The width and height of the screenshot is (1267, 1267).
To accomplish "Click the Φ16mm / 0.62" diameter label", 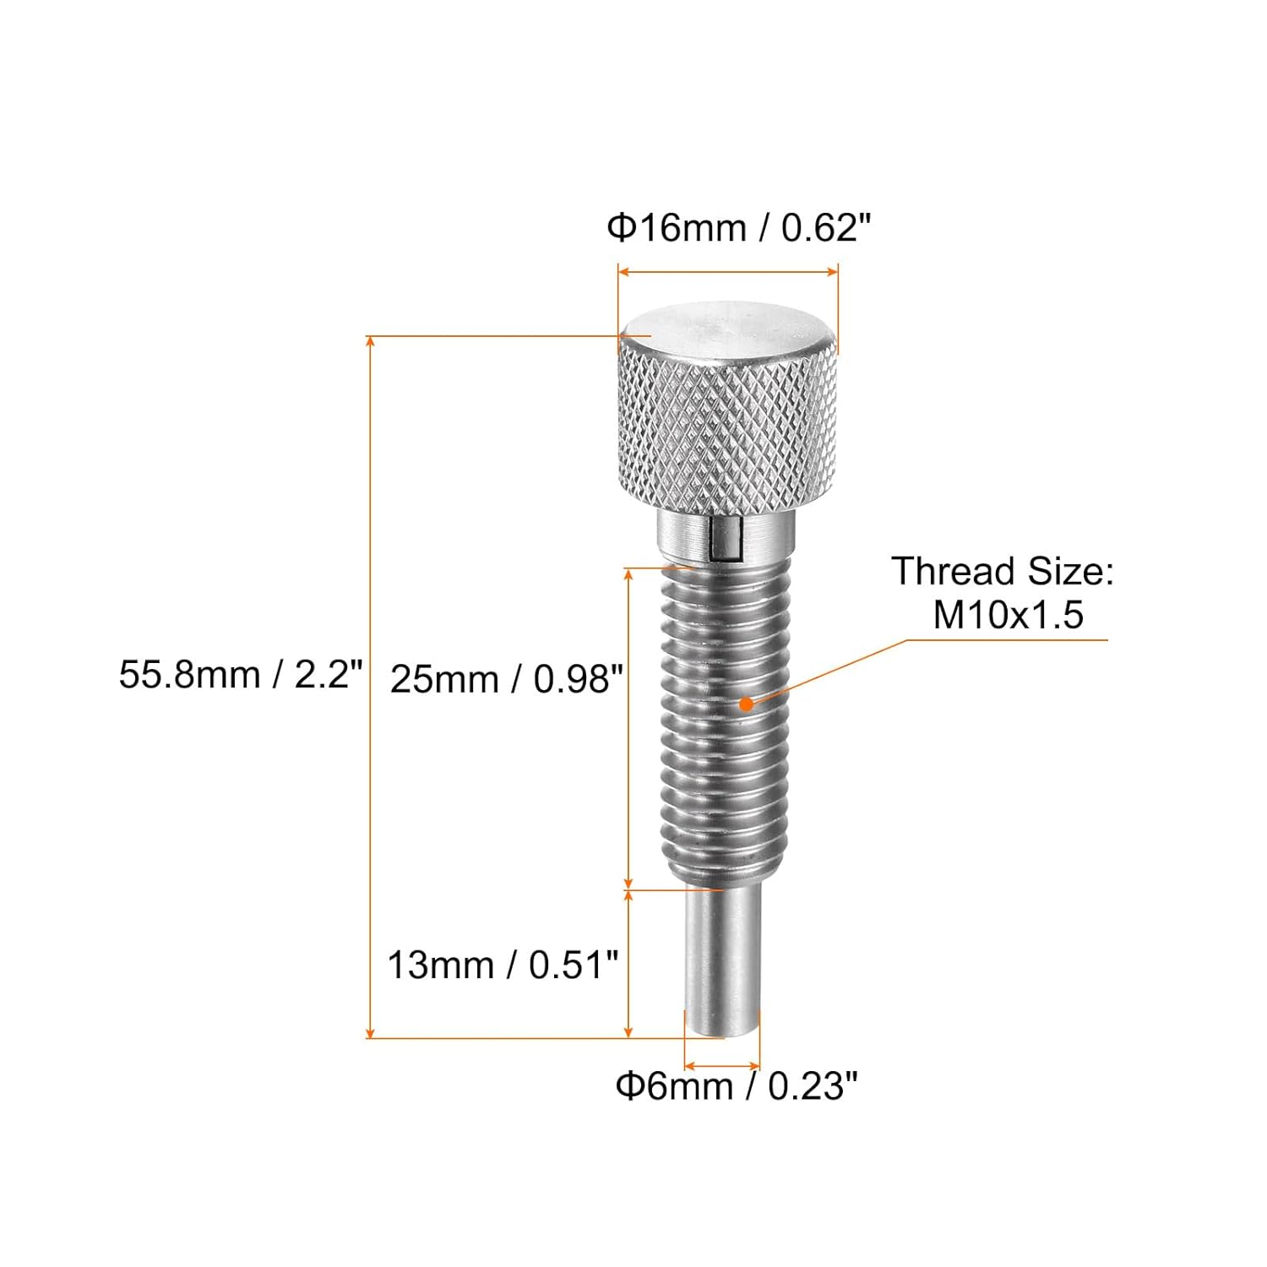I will [x=738, y=228].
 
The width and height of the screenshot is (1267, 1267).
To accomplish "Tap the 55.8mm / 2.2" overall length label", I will [x=241, y=675].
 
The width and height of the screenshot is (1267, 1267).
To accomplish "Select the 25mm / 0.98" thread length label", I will [x=506, y=679].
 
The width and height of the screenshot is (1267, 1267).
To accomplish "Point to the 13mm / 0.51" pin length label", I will [x=503, y=965].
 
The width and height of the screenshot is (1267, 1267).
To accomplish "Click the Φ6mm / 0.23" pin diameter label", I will [x=736, y=1085].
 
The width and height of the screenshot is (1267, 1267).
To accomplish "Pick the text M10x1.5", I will [x=1007, y=615].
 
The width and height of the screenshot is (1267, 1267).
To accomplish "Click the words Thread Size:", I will [x=1003, y=572].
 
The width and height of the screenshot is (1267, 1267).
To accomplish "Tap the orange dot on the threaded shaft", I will [x=746, y=703].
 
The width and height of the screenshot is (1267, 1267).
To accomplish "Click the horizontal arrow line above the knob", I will [x=727, y=272].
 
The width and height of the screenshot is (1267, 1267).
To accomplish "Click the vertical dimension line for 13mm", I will [x=628, y=963].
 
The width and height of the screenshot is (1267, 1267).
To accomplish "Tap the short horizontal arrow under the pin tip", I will [x=722, y=1066].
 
